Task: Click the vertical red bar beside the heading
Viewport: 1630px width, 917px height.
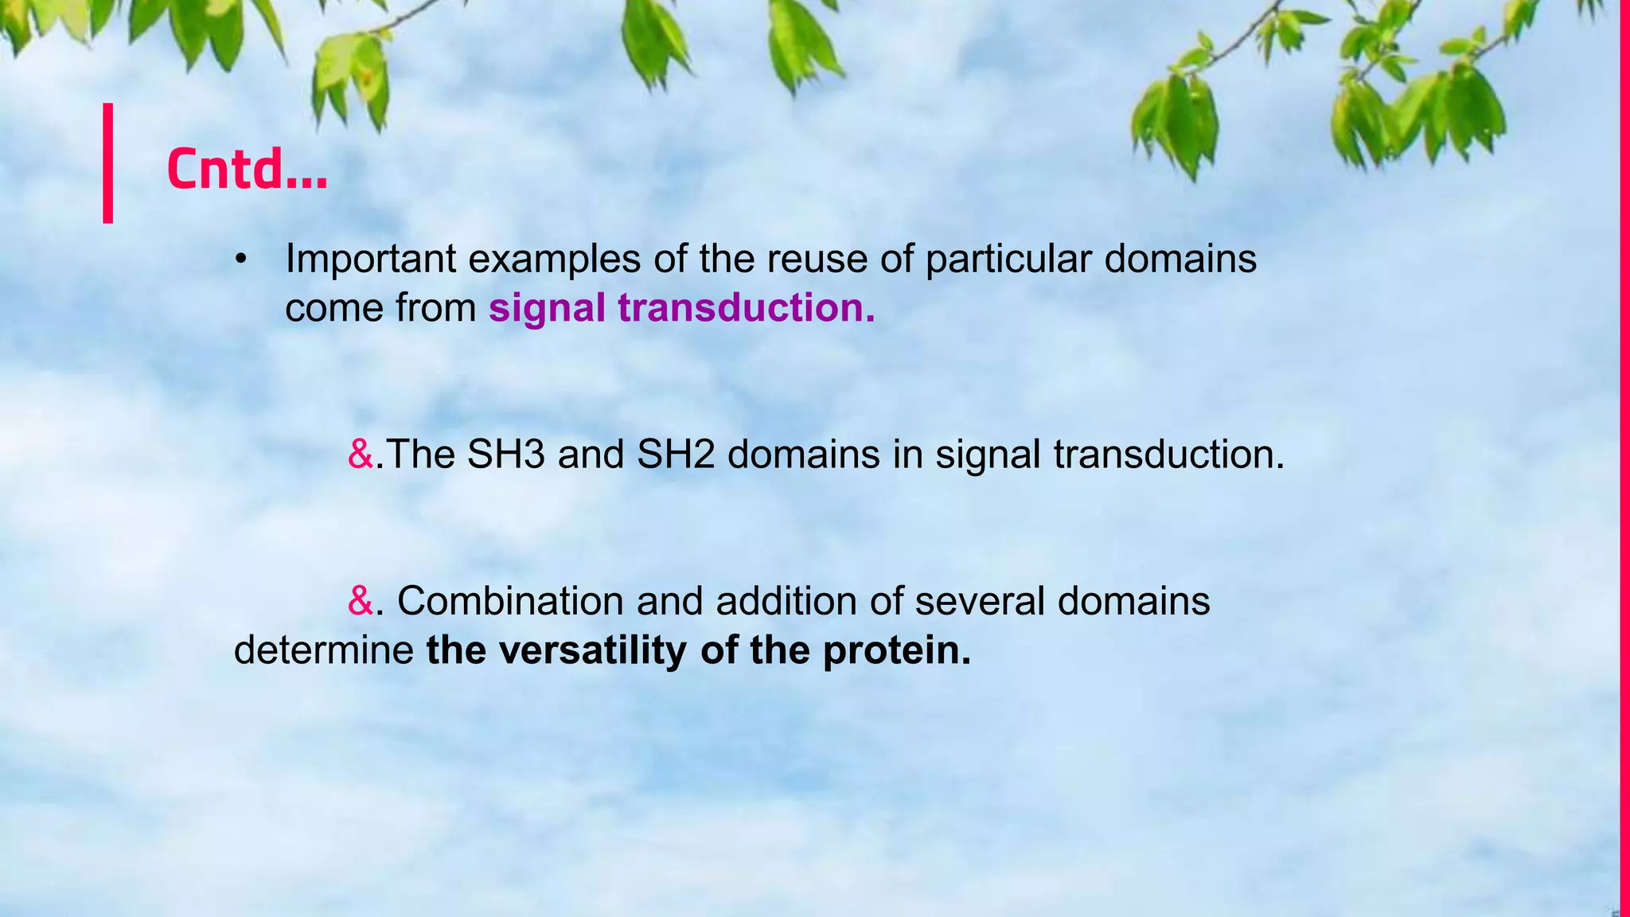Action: pyautogui.click(x=107, y=163)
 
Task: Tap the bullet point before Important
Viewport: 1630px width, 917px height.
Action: pyautogui.click(x=241, y=259)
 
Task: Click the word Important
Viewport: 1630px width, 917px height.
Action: pyautogui.click(x=370, y=259)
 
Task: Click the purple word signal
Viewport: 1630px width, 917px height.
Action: pyautogui.click(x=547, y=308)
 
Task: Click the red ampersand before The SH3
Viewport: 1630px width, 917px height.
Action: pyautogui.click(x=361, y=455)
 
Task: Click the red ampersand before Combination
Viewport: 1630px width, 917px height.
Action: pyautogui.click(x=361, y=601)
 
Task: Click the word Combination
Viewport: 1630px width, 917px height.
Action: pyautogui.click(x=509, y=601)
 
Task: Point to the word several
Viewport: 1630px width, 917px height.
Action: pyautogui.click(x=979, y=601)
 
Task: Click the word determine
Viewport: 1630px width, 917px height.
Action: pyautogui.click(x=323, y=650)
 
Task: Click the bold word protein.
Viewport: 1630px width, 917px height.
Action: pyautogui.click(x=897, y=650)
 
